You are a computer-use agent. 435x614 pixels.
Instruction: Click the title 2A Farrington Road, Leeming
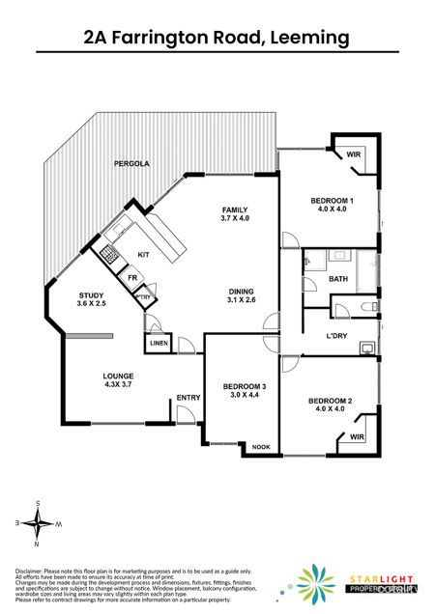pyautogui.click(x=217, y=38)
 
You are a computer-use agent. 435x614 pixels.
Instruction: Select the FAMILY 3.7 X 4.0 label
pyautogui.click(x=236, y=213)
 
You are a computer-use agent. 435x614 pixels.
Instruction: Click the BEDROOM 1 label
pyautogui.click(x=332, y=205)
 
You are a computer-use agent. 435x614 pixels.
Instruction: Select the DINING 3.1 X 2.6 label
pyautogui.click(x=242, y=295)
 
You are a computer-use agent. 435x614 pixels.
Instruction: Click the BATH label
pyautogui.click(x=337, y=279)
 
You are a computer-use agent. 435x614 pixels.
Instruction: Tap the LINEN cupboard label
pyautogui.click(x=159, y=344)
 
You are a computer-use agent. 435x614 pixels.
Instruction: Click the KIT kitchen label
pyautogui.click(x=143, y=254)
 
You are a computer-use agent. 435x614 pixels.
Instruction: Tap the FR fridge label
pyautogui.click(x=131, y=277)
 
